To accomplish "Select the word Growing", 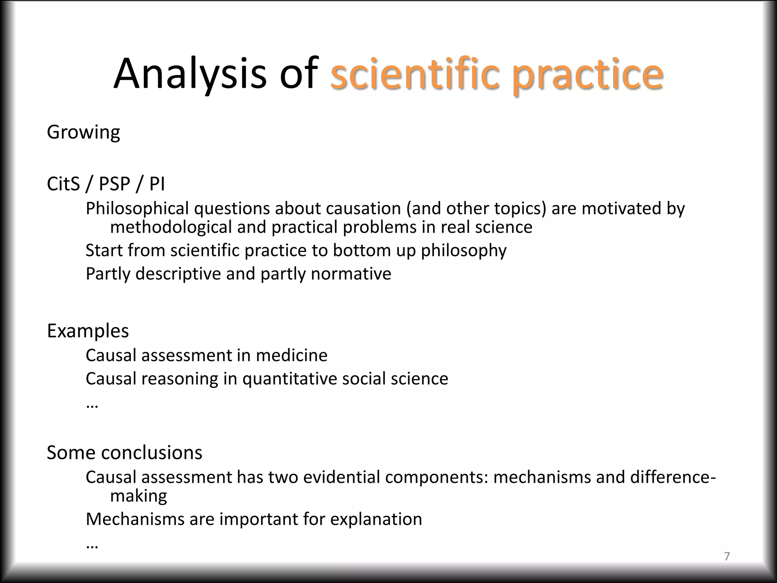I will click(x=83, y=132).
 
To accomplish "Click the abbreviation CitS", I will click(x=63, y=184).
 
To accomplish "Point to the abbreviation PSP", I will click(x=114, y=184).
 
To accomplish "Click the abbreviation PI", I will click(x=157, y=184).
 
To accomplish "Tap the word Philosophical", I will click(x=137, y=208).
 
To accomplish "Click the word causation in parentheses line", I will click(x=363, y=208).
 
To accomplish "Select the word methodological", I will click(x=170, y=227).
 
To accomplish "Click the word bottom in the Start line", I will click(x=361, y=250).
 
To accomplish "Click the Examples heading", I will click(x=88, y=331).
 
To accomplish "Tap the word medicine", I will click(x=291, y=355).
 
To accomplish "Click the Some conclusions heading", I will click(x=124, y=452).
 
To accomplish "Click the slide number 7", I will click(x=727, y=556).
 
